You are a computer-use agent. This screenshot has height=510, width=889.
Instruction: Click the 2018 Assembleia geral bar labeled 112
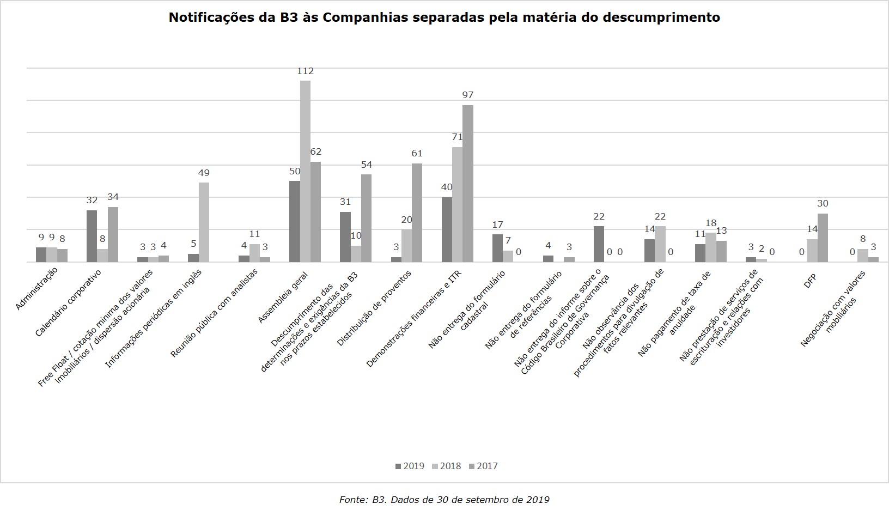(x=305, y=172)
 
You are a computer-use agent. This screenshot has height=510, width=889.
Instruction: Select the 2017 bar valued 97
(x=467, y=184)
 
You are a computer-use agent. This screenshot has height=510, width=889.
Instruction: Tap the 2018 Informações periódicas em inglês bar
(x=204, y=222)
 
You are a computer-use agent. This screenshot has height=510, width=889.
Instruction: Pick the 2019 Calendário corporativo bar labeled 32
(x=92, y=236)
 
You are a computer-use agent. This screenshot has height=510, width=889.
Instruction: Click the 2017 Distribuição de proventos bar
(x=417, y=213)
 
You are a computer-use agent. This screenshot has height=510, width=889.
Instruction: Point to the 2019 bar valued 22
(x=599, y=244)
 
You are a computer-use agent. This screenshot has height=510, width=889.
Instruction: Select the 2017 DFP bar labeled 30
(x=823, y=238)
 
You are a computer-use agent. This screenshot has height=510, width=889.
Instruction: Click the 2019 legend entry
(x=410, y=466)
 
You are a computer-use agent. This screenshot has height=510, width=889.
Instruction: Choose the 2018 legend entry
(x=447, y=466)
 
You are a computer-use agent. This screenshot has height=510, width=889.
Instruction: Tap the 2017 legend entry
(x=483, y=466)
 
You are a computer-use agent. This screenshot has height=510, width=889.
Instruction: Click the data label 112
(x=305, y=71)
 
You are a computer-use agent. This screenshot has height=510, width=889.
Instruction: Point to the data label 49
(x=204, y=173)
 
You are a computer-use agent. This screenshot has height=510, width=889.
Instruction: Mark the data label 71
(x=456, y=137)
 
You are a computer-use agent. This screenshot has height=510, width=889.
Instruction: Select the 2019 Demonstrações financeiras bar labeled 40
(x=447, y=229)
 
